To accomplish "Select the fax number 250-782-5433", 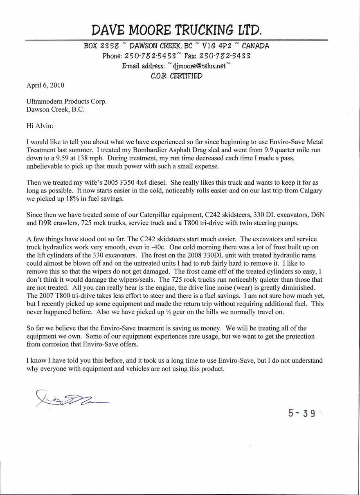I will [225, 56].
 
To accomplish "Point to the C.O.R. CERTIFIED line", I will [176, 76].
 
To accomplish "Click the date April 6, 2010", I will [45, 86].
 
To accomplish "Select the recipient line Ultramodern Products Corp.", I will [66, 102].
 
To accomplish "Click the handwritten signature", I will [72, 397].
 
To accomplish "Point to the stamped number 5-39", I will [302, 413].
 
